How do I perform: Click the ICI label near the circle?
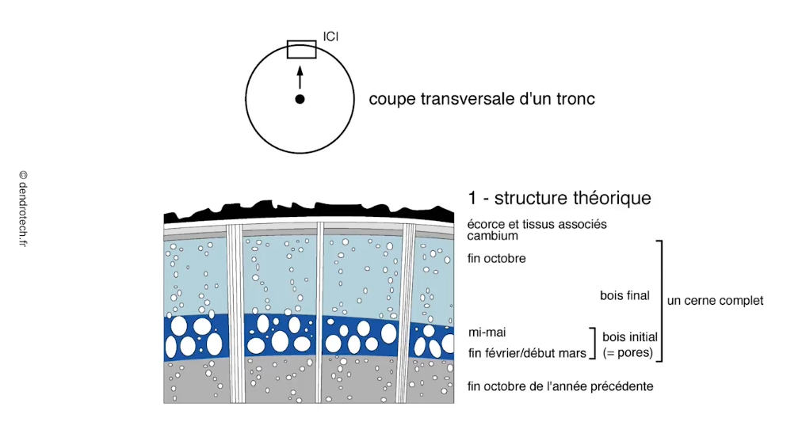coord(330,36)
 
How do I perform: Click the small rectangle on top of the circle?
coord(301,49)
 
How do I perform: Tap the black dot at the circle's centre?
coord(300,99)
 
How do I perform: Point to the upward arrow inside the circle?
coord(300,77)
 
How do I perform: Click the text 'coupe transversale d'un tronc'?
coord(482,99)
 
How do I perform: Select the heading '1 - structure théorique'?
coord(559,197)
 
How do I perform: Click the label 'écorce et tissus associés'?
coord(537,224)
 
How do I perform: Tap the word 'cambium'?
coord(493,236)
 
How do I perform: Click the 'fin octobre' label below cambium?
coord(497,258)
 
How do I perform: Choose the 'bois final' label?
coord(624,295)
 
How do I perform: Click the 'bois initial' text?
coord(630,337)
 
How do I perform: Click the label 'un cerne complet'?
coord(715,301)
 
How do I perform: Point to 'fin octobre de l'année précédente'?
coord(560,386)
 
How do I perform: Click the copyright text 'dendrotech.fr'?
coord(23,208)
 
